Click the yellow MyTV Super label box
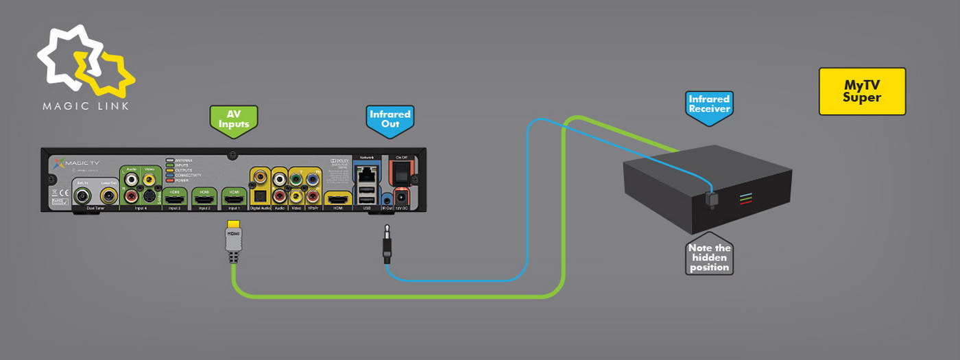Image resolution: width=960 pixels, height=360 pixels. [862, 91]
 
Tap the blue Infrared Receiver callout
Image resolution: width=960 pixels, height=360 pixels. [709, 104]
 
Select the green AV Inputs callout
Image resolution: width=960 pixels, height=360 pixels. [233, 118]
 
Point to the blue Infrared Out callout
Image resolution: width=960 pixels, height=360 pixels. [389, 118]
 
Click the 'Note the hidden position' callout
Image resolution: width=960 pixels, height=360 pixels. [710, 257]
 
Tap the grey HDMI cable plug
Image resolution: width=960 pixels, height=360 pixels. [234, 241]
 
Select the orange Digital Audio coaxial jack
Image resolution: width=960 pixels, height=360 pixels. [261, 177]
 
